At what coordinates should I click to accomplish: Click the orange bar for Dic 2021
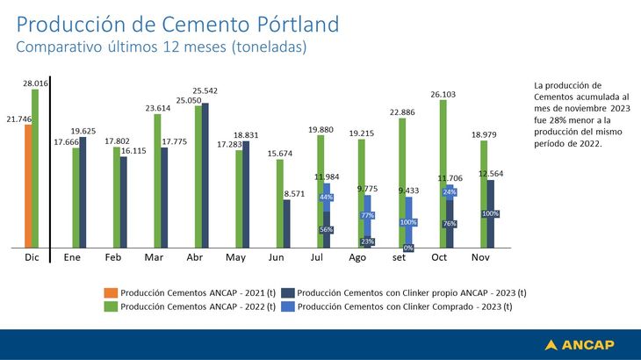(x=28, y=186)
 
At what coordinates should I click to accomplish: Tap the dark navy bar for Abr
(x=205, y=176)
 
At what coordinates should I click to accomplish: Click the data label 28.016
(x=36, y=82)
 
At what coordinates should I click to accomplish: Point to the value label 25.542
(x=205, y=90)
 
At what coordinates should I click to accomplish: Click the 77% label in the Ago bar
(x=367, y=215)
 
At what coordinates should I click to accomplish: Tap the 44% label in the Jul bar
(x=327, y=198)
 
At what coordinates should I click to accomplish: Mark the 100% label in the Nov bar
(x=491, y=213)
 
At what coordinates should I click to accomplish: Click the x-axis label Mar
(x=154, y=258)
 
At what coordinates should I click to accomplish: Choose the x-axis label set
(x=400, y=258)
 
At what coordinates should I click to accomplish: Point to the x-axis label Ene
(x=72, y=258)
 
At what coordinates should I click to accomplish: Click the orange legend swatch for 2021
(x=110, y=293)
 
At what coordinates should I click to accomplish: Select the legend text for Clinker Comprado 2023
(x=405, y=307)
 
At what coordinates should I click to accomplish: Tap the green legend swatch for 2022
(x=110, y=307)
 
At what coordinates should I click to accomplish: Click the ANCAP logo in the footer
(x=579, y=344)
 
